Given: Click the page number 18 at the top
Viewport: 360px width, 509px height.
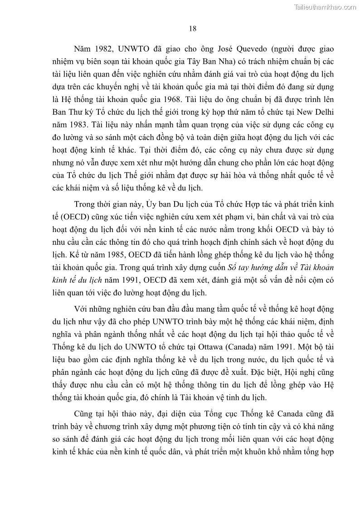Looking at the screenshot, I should pyautogui.click(x=192, y=29).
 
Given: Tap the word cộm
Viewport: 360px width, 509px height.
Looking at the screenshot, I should pyautogui.click(x=312, y=288).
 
